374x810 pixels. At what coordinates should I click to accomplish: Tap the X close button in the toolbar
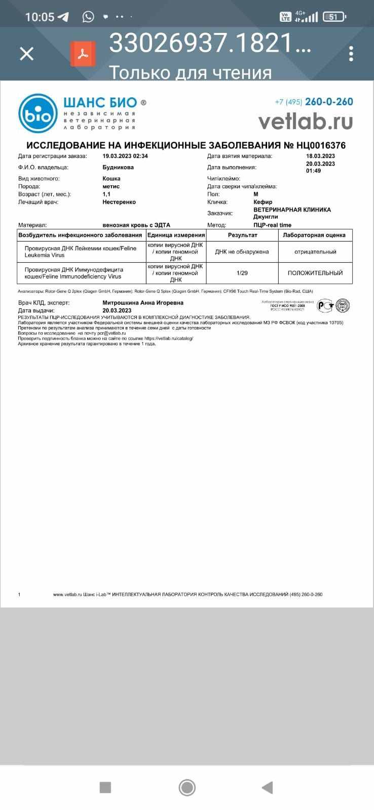point(26,54)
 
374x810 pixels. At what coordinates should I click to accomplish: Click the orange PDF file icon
point(83,54)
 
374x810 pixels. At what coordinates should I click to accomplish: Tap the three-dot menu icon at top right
point(351,54)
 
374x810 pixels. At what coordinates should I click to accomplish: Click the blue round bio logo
point(38,113)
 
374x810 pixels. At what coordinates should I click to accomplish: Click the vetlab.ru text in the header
point(305,121)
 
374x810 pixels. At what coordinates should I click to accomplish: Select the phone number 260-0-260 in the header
point(328,102)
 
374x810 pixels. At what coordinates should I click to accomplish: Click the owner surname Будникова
point(118,167)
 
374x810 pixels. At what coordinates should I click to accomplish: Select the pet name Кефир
point(263,202)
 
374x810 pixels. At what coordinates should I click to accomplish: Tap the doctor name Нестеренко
point(119,202)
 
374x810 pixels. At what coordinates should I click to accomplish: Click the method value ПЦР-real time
point(272,225)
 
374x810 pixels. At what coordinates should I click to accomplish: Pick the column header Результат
point(242,235)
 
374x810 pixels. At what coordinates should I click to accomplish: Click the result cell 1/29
point(242,273)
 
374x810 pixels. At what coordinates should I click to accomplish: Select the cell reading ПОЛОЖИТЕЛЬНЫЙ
point(315,273)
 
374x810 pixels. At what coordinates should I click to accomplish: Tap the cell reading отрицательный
point(315,252)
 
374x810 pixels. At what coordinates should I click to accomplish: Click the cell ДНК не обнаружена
point(242,252)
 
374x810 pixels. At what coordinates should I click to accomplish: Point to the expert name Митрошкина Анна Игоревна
point(143,303)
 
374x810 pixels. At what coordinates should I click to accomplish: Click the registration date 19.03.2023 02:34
point(125,156)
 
